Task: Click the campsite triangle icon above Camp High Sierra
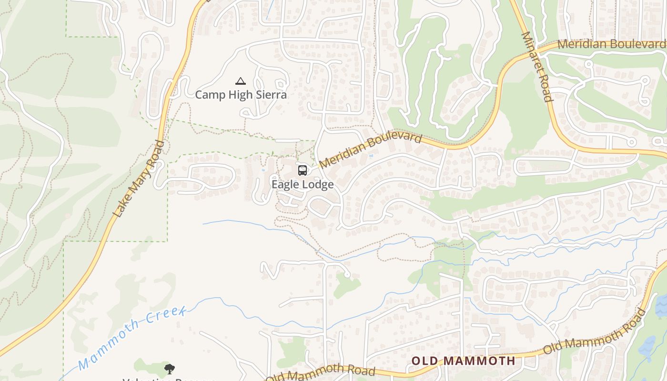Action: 241,81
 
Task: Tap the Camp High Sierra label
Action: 241,95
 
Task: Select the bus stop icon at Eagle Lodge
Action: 302,170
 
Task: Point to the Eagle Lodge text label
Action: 303,184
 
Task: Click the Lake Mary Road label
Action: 139,179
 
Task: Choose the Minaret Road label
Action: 537,67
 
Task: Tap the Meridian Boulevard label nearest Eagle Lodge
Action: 370,150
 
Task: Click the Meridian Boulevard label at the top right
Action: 611,44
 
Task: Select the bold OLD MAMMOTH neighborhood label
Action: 463,361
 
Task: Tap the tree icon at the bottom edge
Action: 169,369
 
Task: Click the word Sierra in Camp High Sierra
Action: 271,95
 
